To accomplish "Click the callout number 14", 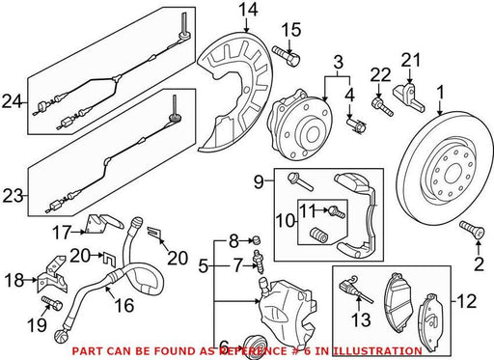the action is point(248,10).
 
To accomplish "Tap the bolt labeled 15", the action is point(286,56).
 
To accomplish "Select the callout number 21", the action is point(411,60).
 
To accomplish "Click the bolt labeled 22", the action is point(382,106).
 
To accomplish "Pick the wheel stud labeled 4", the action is point(356,125).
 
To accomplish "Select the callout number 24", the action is point(13,102).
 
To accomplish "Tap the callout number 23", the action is point(14,196).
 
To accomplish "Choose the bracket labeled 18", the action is point(53,274).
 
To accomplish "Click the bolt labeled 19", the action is point(52,303).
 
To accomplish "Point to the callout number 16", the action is point(124,305).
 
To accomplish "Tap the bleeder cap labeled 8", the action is point(257,239).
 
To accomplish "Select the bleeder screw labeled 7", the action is point(258,263).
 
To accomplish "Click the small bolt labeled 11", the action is point(337,211).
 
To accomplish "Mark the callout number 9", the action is point(259,182).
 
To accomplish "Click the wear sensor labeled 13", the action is point(356,289).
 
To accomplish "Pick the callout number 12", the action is point(466,302).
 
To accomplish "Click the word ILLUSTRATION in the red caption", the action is point(376,350).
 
